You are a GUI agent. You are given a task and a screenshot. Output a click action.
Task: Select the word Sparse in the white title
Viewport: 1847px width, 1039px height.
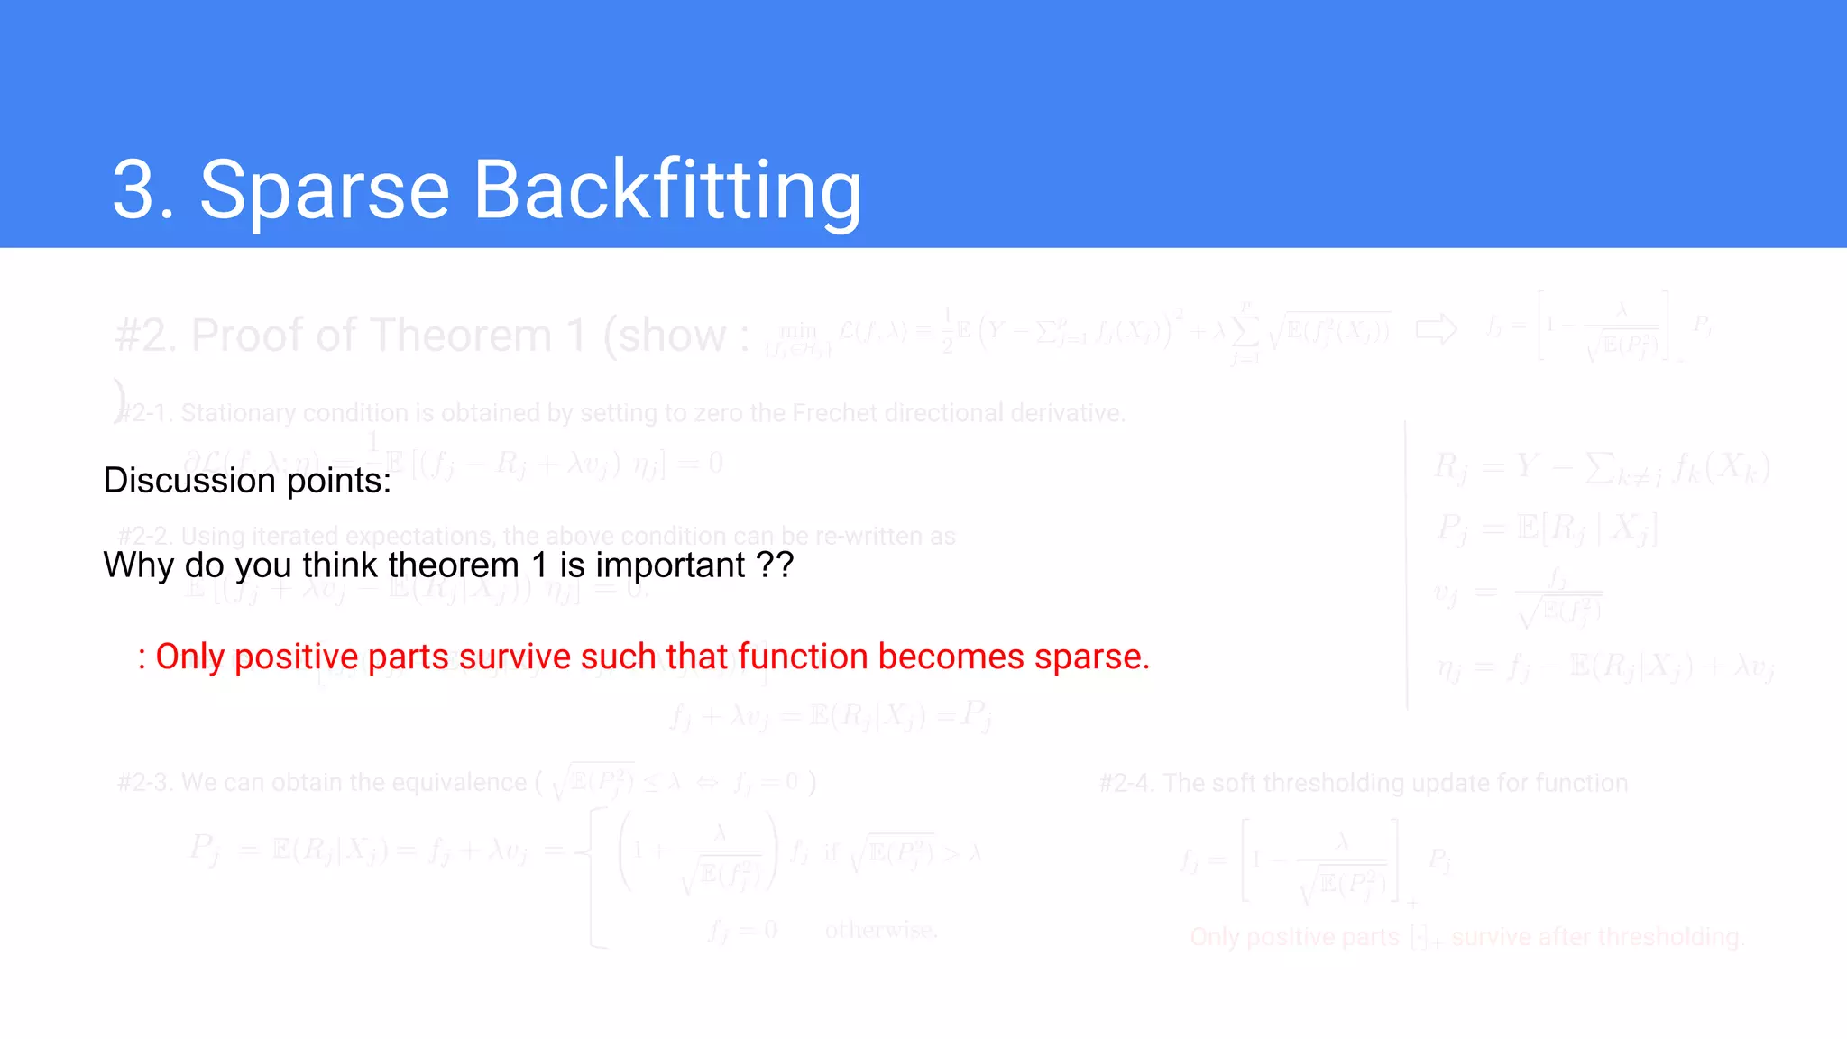324,190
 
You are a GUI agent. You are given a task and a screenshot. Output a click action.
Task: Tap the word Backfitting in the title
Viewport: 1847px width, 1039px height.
667,190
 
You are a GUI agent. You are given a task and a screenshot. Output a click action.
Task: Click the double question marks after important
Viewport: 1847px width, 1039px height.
775,565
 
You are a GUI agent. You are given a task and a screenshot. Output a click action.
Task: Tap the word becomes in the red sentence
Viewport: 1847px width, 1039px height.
951,657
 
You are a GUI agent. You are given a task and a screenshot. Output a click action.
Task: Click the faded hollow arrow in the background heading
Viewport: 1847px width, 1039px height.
1436,329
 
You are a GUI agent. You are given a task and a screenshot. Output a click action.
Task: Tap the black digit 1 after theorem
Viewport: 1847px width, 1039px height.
539,565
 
